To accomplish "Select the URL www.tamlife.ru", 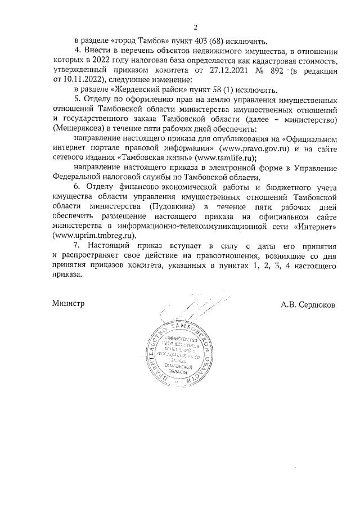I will pos(226,159).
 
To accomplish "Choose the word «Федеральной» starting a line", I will pos(76,178).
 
